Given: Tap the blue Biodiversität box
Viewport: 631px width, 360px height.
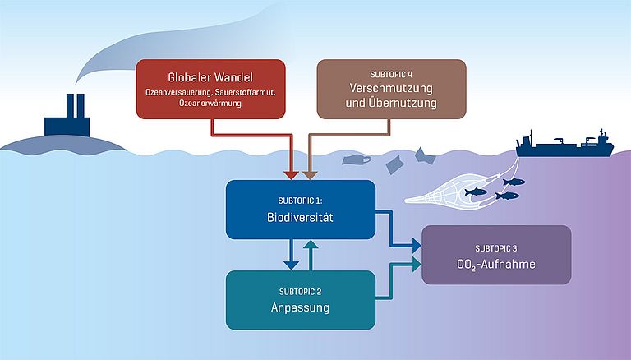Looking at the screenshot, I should point(300,210).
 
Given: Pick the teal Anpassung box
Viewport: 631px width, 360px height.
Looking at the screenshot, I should point(300,300).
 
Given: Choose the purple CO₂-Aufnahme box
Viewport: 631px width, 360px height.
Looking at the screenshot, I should point(496,255).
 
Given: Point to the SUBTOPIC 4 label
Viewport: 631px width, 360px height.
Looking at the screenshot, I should point(391,72).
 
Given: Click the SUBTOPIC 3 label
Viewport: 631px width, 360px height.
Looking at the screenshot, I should point(496,247).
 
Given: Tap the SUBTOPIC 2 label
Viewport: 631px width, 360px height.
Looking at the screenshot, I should point(300,292).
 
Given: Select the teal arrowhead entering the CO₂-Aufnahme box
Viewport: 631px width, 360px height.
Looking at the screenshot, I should point(416,264).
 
